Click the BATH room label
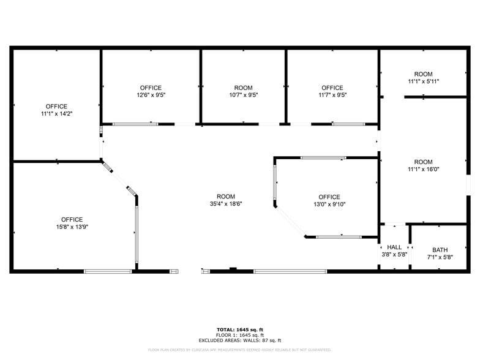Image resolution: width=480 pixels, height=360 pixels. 440,250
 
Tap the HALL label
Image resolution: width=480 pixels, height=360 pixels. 394,247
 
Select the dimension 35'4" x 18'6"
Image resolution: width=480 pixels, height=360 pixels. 225,204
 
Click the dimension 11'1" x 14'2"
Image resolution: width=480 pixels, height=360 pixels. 56,114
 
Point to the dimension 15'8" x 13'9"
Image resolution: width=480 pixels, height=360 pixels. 72,227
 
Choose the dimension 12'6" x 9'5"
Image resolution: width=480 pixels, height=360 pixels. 151,95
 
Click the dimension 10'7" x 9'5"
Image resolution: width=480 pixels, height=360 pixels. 243,95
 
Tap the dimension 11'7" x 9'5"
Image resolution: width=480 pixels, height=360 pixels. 332,95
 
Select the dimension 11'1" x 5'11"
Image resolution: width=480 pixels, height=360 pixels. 423,81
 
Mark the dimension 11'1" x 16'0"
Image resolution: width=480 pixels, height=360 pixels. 423,170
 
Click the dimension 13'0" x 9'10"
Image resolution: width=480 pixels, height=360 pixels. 329,204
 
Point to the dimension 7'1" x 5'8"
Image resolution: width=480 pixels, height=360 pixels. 440,258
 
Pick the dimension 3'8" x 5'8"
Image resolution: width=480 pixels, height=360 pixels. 394,255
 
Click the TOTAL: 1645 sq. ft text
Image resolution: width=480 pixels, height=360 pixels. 239,329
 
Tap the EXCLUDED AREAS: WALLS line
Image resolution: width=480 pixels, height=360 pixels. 239,340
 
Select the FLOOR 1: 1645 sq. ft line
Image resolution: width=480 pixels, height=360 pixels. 239,335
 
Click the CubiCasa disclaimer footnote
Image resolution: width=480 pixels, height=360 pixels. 239,350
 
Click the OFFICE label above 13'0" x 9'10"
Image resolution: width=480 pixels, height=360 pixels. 329,197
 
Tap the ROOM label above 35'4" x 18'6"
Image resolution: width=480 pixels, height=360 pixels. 225,197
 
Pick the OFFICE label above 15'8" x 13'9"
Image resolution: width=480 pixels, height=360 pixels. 72,220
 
